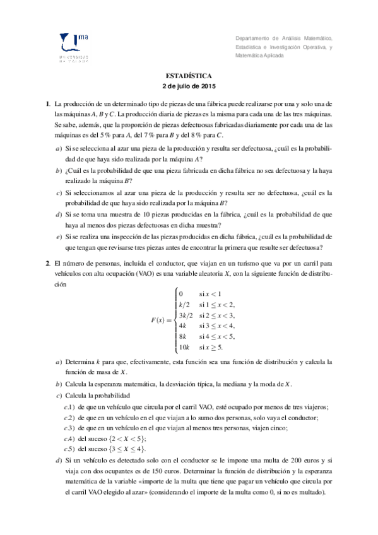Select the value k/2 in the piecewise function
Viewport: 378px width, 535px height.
coord(184,304)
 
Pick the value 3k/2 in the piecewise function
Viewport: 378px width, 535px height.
coord(186,315)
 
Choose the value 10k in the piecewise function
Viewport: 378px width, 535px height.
coord(184,346)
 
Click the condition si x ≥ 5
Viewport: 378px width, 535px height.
coord(211,346)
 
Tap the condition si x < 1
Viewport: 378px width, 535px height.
coord(210,294)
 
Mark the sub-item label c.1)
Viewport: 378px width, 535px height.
coord(70,407)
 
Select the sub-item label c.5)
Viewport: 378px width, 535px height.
coord(70,449)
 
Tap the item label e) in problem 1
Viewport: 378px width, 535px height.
coord(59,237)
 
